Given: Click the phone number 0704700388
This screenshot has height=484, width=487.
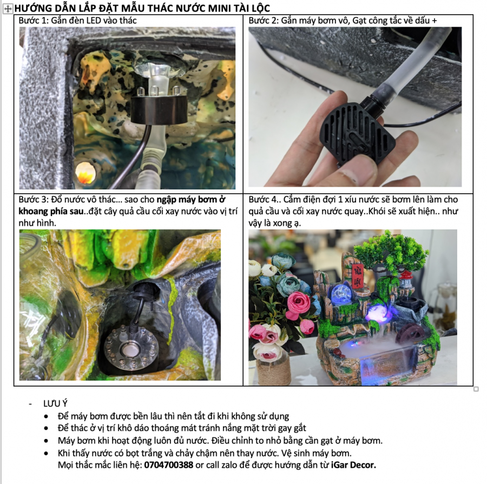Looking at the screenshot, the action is tap(169, 465).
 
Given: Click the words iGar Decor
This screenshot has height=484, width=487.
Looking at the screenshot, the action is tap(353, 465).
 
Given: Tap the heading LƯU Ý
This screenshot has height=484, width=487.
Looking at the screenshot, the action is tap(55, 403).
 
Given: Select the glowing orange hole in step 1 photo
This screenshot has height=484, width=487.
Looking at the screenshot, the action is tap(85, 173).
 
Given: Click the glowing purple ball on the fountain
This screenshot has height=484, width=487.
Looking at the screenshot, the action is tap(377, 313).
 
